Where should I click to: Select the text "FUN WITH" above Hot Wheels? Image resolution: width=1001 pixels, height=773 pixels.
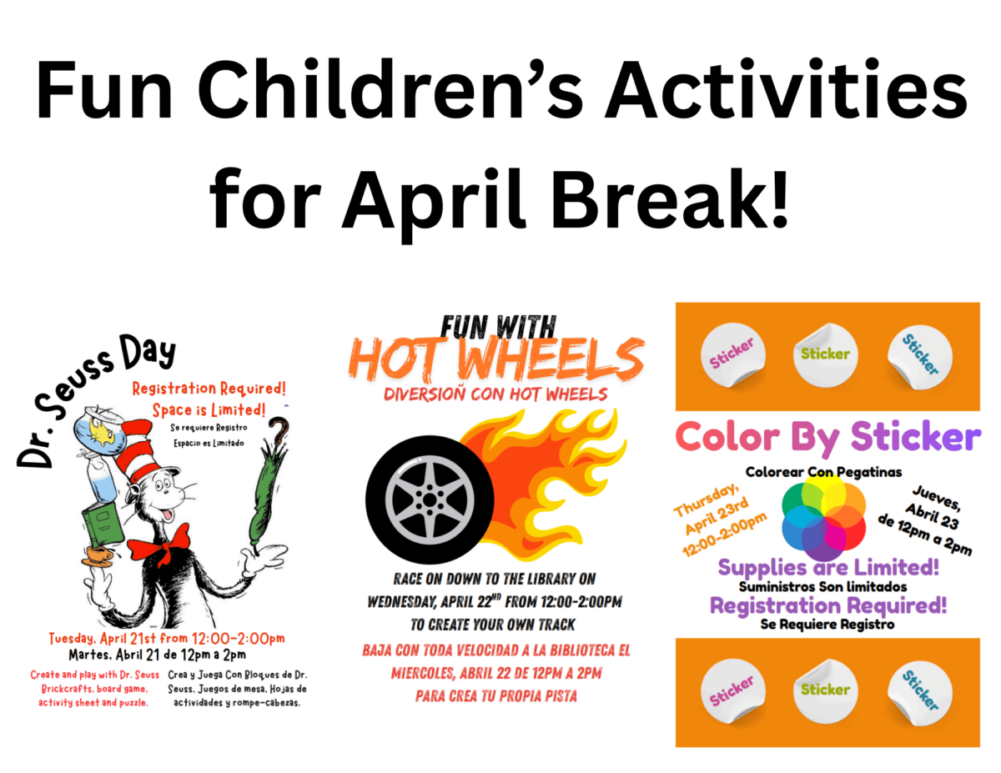[497, 324]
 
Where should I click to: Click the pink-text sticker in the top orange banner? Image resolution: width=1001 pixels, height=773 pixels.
[732, 353]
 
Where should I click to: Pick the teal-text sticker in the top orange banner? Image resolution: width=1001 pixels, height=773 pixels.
[919, 353]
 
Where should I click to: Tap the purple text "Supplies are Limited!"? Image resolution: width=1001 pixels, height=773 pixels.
[828, 569]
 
